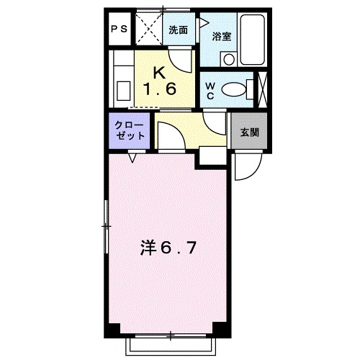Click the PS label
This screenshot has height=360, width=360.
(120, 30)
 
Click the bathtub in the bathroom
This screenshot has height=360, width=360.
(252, 39)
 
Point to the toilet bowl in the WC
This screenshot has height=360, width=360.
(234, 90)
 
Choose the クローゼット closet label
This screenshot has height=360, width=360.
(130, 131)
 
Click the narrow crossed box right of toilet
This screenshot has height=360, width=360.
(263, 89)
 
